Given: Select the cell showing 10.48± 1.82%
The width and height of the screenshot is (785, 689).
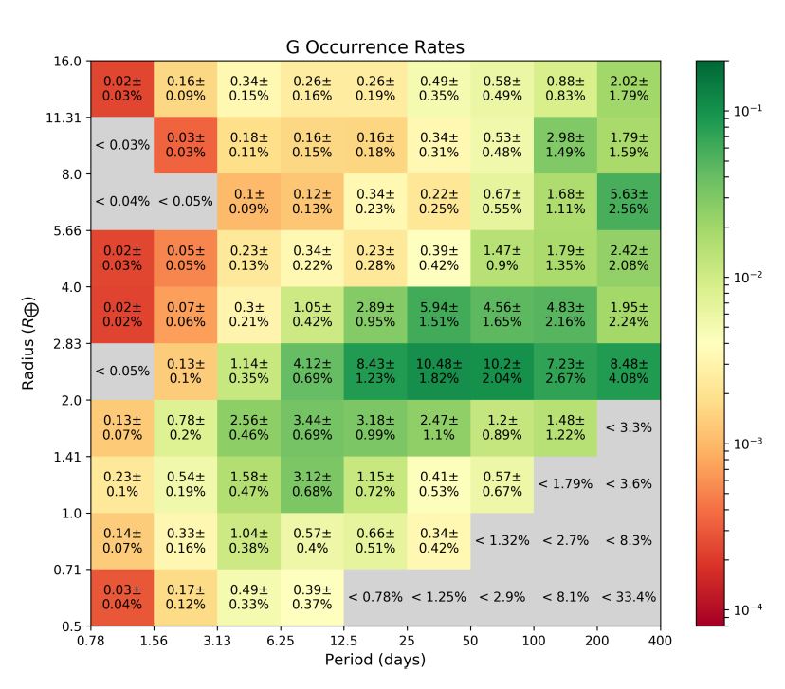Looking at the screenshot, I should [439, 372].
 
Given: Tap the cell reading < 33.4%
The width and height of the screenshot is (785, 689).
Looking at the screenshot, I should [630, 597].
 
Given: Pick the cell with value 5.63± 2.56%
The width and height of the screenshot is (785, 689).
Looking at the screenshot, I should [630, 202].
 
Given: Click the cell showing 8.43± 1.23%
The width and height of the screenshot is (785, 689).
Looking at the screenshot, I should [375, 372].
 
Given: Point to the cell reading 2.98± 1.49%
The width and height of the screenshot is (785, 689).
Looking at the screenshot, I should [566, 145].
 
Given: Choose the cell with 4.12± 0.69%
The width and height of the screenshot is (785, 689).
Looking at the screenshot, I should [312, 372].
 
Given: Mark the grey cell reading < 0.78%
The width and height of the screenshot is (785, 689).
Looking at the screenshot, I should [375, 597].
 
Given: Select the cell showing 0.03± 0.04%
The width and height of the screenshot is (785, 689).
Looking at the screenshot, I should [121, 597].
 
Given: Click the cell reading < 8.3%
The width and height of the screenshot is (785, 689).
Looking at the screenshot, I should [630, 540].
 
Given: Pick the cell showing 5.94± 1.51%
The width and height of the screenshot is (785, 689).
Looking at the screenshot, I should [439, 315].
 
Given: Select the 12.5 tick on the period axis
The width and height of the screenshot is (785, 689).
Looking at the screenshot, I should [344, 642].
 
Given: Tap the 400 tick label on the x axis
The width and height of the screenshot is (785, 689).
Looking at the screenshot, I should [661, 642].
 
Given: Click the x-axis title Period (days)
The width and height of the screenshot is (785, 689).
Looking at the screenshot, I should [375, 660].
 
